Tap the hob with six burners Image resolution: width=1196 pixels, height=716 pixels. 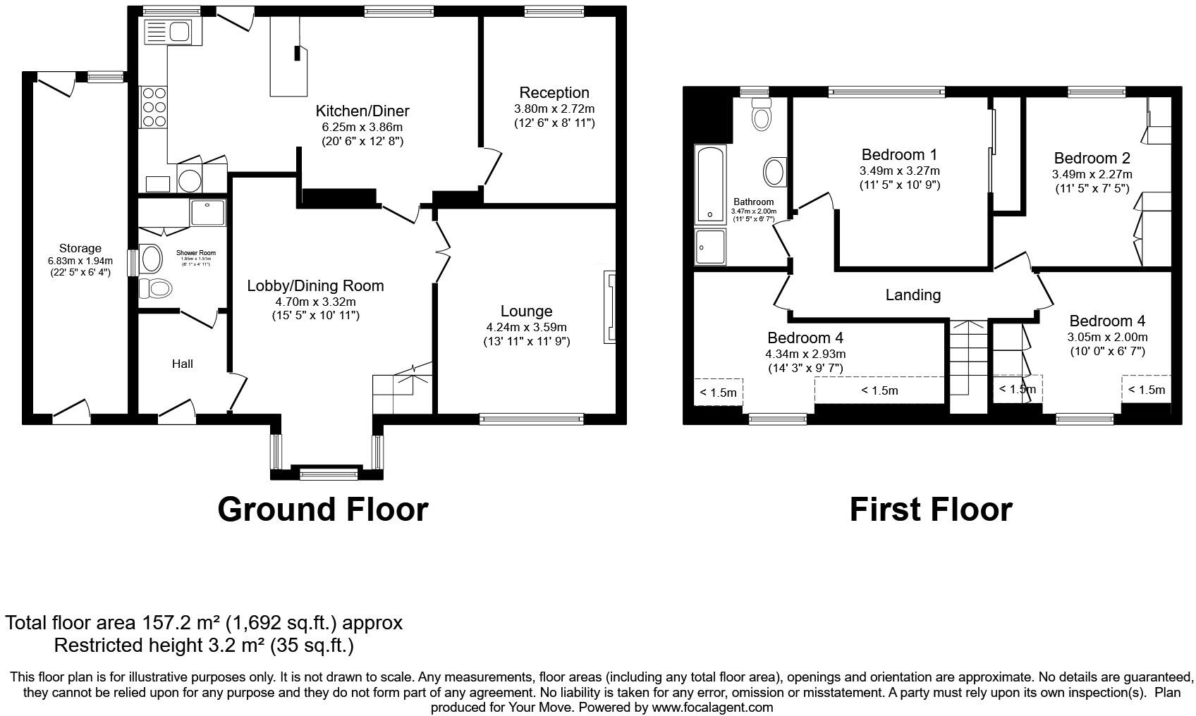click(154, 106)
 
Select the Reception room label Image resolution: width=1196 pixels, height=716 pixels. click(554, 93)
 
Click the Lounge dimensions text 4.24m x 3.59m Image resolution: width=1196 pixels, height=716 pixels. click(526, 327)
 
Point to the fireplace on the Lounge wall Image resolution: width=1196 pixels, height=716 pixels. click(609, 308)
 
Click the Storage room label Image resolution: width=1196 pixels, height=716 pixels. click(80, 248)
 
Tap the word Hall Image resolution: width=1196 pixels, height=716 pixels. click(183, 364)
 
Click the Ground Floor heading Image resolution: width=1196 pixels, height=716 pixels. click(322, 509)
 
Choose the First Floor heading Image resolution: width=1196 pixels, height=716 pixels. click(930, 509)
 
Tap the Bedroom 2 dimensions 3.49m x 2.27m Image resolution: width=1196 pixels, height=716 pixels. click(1092, 174)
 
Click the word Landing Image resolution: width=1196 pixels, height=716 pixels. click(913, 295)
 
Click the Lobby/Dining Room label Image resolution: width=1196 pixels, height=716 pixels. click(315, 286)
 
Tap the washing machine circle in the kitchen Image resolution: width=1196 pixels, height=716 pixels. click(190, 180)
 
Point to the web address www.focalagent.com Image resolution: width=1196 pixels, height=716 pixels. click(712, 707)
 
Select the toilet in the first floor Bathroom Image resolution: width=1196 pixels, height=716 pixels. click(760, 115)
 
